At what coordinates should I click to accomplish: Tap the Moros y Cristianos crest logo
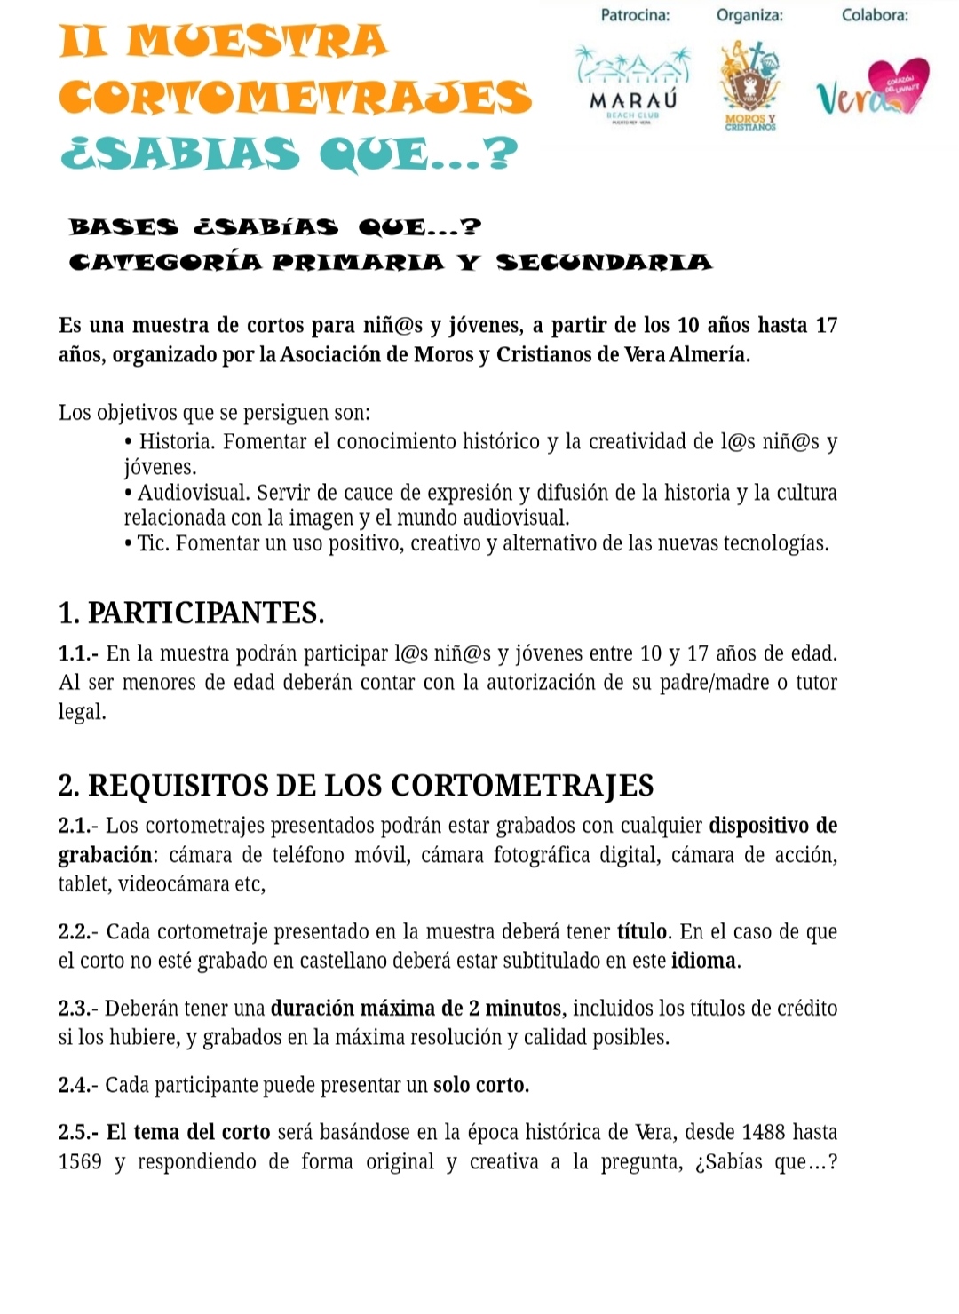[750, 84]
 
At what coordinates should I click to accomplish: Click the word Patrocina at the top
[635, 15]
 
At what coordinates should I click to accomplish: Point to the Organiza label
[749, 15]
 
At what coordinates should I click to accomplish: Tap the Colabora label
[875, 15]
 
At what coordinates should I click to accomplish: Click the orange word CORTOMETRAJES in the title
[295, 97]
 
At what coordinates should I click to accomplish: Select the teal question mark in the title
[503, 152]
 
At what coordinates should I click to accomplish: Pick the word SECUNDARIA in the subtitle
[604, 262]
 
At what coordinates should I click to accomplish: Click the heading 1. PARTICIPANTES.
[191, 613]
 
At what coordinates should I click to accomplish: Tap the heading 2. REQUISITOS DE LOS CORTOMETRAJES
[355, 786]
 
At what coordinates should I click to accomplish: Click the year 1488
[763, 1132]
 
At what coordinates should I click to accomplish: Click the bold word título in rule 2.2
[642, 931]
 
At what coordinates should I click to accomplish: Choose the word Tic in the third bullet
[152, 543]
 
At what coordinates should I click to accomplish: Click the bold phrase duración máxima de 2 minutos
[416, 1009]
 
